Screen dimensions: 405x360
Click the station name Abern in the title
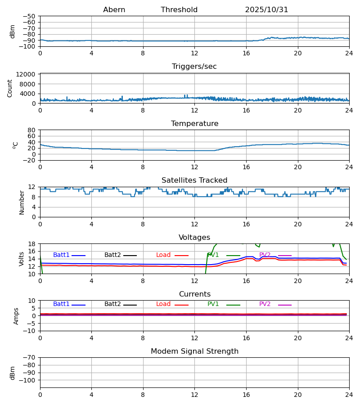(x=114, y=10)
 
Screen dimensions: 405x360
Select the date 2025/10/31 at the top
(x=266, y=10)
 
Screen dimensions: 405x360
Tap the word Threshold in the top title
(x=179, y=10)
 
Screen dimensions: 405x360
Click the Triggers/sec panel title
(x=194, y=67)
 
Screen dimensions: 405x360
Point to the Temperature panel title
(x=194, y=124)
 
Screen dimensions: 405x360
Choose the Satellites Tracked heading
(x=194, y=180)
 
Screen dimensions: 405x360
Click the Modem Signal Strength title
(x=194, y=351)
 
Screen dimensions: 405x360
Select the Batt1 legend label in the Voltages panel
(x=61, y=255)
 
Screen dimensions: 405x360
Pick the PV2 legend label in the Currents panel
(x=265, y=304)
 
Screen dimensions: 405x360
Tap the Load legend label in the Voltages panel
(x=163, y=255)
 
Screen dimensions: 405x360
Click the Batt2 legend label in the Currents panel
(x=112, y=304)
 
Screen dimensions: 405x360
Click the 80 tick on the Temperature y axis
(x=31, y=130)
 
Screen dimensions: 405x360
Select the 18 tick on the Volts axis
(x=32, y=244)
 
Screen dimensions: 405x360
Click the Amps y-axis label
(x=17, y=316)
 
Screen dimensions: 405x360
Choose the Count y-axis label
(x=10, y=88)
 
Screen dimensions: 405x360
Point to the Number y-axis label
(x=22, y=202)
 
